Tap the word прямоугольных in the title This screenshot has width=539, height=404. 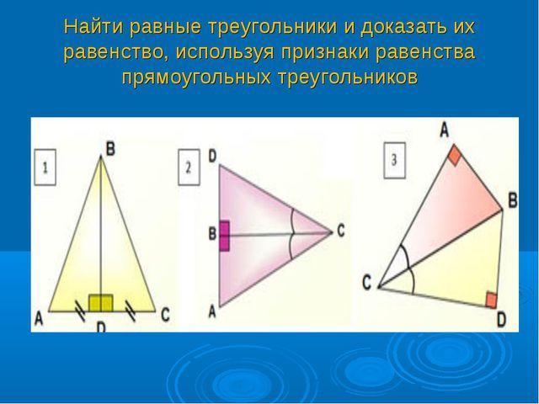pyautogui.click(x=196, y=77)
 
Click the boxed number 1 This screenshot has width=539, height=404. pyautogui.click(x=45, y=167)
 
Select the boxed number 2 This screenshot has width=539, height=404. pyautogui.click(x=189, y=167)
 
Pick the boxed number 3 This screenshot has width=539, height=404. pyautogui.click(x=394, y=160)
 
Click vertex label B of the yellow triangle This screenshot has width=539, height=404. pyautogui.click(x=110, y=150)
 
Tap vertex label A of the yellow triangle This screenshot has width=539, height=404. pyautogui.click(x=39, y=318)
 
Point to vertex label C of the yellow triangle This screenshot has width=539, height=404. pyautogui.click(x=165, y=315)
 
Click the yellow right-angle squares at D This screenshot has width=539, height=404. pyautogui.click(x=101, y=303)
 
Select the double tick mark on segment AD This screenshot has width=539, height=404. pyautogui.click(x=81, y=311)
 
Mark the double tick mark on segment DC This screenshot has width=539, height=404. pyautogui.click(x=131, y=311)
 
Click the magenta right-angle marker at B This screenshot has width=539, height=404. pyautogui.click(x=224, y=236)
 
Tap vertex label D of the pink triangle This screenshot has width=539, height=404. pyautogui.click(x=212, y=157)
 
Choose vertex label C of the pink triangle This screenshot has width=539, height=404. pyautogui.click(x=340, y=231)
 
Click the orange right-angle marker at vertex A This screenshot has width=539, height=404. pyautogui.click(x=455, y=155)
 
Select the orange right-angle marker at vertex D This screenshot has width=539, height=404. pyautogui.click(x=491, y=300)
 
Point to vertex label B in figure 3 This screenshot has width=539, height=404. pyautogui.click(x=513, y=200)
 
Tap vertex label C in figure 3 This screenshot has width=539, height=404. pyautogui.click(x=367, y=283)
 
